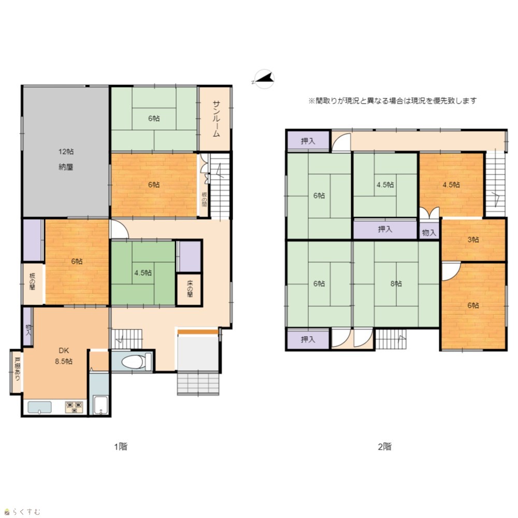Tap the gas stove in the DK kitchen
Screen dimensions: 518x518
tap(74, 407)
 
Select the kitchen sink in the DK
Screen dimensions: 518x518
tap(40, 407)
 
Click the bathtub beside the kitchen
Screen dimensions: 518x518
tap(100, 405)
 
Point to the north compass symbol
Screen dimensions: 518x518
tap(264, 79)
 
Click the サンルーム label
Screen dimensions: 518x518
tap(216, 119)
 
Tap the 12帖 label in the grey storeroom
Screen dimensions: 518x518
tap(66, 152)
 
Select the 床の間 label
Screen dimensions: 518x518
tap(190, 289)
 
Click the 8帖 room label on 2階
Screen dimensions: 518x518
tap(396, 283)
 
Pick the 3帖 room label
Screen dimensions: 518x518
tap(473, 239)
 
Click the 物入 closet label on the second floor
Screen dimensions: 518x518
tap(429, 233)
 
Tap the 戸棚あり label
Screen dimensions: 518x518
tap(17, 369)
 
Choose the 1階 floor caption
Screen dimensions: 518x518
tap(121, 447)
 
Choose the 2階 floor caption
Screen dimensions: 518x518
tap(384, 447)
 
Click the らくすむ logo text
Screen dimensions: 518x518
tap(26, 512)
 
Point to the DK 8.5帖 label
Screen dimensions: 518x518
tap(64, 356)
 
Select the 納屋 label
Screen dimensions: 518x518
tap(66, 167)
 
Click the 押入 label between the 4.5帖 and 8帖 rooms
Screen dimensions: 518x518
tap(385, 229)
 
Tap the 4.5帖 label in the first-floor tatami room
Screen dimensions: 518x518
tap(143, 273)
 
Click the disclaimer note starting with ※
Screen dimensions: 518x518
tap(393, 101)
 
